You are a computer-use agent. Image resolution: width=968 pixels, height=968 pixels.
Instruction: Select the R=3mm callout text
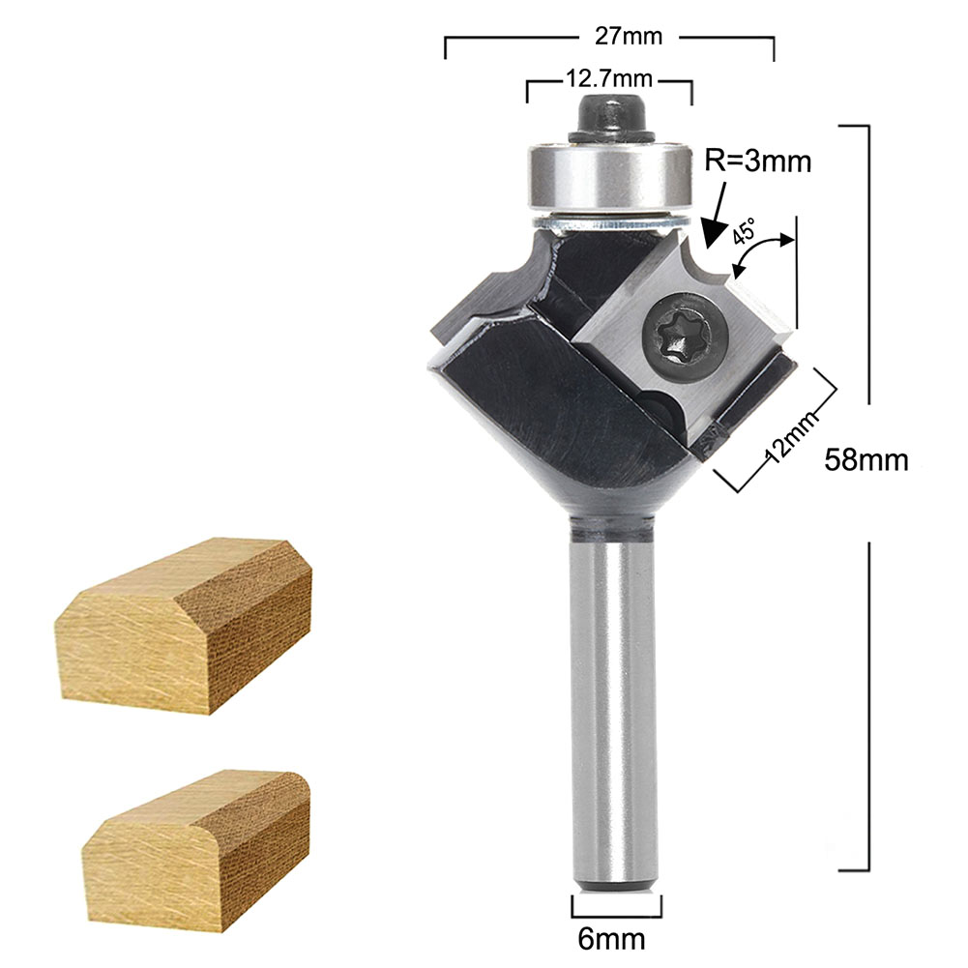[757, 161]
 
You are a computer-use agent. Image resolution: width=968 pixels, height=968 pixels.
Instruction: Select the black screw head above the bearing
[608, 115]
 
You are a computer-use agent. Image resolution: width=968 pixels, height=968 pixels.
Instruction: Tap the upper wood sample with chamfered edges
[184, 624]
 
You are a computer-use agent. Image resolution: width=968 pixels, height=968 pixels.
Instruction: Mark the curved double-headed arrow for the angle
[764, 255]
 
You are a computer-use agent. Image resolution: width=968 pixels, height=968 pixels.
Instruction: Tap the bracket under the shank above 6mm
[617, 909]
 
